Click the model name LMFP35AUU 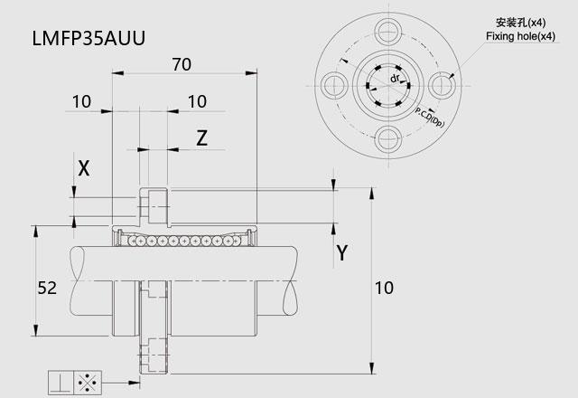(89, 38)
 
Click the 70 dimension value (182, 64)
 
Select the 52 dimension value (47, 288)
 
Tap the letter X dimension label (84, 168)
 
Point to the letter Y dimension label (342, 253)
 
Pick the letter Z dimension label (201, 138)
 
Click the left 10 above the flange (81, 102)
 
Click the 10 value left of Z (197, 102)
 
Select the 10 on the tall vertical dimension (384, 288)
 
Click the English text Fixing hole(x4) (520, 36)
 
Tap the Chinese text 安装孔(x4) (520, 23)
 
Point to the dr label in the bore (395, 79)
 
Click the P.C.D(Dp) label (430, 117)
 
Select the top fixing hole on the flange (388, 32)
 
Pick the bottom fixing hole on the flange (388, 138)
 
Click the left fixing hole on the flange (335, 85)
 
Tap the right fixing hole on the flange (442, 85)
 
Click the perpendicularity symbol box (61, 383)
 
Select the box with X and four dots (88, 383)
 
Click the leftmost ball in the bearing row (132, 242)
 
